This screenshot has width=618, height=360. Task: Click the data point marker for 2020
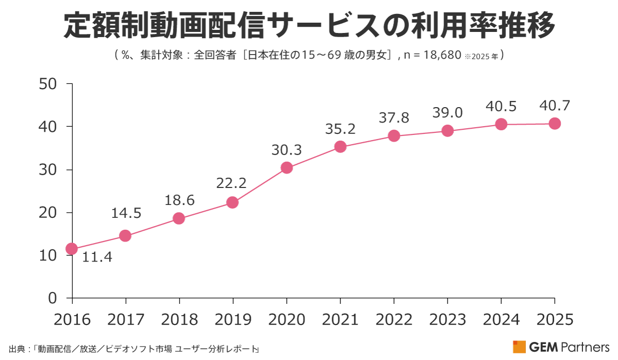[286, 168]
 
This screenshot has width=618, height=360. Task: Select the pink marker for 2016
[72, 249]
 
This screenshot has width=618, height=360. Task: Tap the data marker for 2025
[554, 124]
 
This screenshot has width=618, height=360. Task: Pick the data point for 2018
[179, 218]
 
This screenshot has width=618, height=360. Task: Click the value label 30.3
[286, 150]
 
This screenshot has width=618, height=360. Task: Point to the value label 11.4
[97, 256]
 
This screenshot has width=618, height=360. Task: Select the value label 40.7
[554, 106]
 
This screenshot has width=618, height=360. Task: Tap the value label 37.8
[394, 118]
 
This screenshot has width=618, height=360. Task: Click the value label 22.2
[232, 183]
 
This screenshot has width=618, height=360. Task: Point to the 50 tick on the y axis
[51, 84]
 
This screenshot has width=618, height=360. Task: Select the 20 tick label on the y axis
[51, 212]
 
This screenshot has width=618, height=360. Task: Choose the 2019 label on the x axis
[232, 319]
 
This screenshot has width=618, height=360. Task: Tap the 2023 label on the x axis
[447, 319]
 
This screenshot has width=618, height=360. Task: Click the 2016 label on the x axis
[72, 319]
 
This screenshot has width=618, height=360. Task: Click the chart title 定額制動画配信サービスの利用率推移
[309, 26]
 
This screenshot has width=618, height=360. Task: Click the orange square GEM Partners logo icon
[519, 347]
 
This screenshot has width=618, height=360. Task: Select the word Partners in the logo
[588, 347]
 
